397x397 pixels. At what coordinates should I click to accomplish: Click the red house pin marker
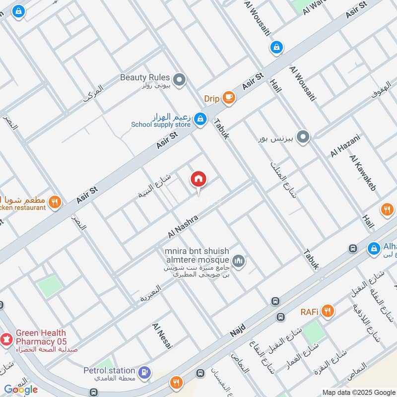click(x=198, y=179)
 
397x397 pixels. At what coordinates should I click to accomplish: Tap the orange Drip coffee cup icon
click(x=228, y=98)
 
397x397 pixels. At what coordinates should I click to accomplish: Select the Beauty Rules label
click(x=145, y=77)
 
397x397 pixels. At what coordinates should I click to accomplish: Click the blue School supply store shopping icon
click(x=200, y=119)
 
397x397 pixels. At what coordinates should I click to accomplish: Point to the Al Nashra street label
click(x=183, y=226)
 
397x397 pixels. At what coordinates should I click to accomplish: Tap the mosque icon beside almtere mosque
click(x=239, y=261)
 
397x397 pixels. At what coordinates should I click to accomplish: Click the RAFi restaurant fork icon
click(x=327, y=312)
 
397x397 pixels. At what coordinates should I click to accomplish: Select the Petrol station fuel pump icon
click(x=144, y=371)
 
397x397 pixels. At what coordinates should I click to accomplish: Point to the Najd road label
click(x=238, y=329)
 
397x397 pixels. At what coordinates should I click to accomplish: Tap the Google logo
click(x=20, y=389)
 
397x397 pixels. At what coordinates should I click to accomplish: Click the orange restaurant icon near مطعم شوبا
click(x=55, y=201)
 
